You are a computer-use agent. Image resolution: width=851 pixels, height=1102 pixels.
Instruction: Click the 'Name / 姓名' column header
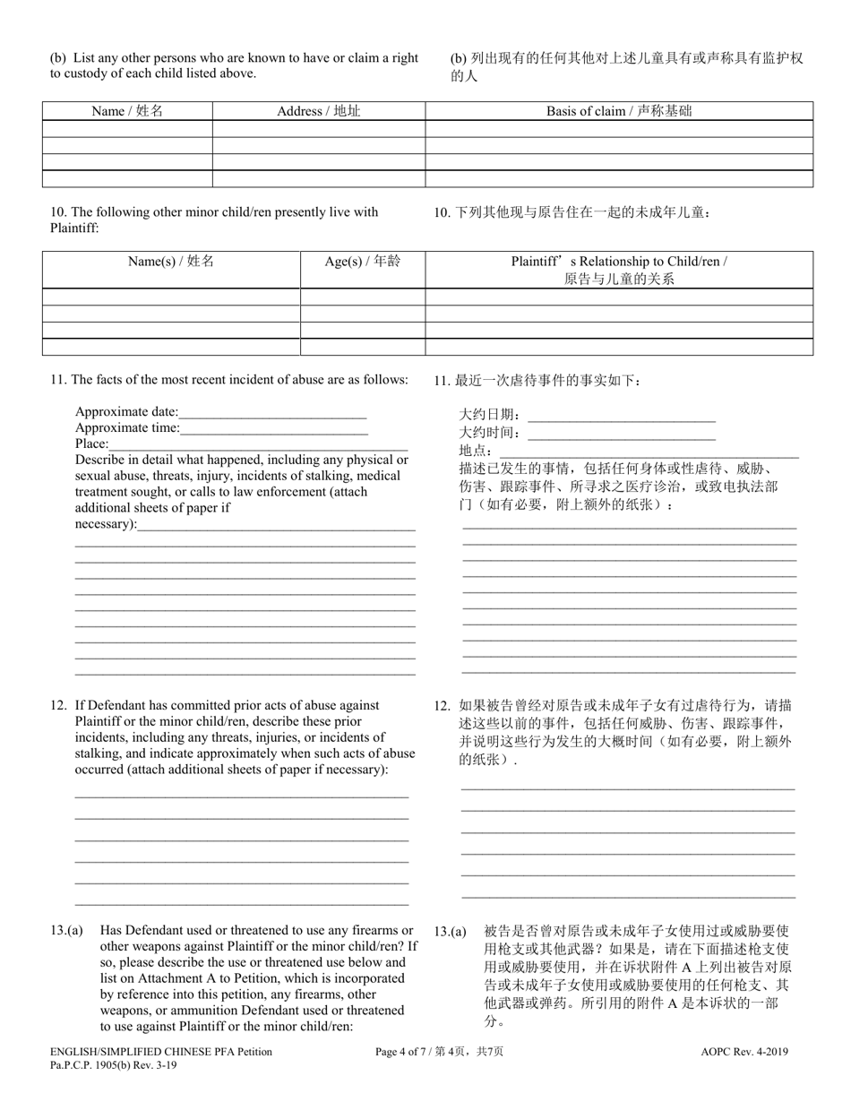127,111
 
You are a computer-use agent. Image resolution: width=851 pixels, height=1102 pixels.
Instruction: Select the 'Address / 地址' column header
318,111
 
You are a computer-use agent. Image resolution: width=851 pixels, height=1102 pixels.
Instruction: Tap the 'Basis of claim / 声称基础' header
619,111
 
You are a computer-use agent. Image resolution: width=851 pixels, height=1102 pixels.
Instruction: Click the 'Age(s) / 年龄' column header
362,262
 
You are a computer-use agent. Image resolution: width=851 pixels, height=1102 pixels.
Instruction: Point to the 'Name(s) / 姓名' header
171,262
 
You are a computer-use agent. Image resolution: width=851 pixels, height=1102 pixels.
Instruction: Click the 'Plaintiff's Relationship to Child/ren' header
619,270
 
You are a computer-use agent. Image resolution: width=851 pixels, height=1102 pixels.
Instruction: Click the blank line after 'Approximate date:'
272,413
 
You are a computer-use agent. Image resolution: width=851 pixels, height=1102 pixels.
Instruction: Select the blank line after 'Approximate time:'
273,428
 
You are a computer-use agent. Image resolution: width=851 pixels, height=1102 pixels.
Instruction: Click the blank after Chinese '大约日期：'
622,415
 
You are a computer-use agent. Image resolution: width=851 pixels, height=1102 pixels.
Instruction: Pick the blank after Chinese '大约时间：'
622,433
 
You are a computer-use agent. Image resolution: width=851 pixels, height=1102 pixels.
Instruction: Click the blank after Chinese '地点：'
645,451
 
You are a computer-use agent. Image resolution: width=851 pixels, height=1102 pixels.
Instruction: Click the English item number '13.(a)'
67,931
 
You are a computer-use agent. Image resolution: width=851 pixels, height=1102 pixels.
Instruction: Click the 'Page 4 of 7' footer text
443,1053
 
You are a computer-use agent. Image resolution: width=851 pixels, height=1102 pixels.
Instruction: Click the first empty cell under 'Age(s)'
362,297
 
